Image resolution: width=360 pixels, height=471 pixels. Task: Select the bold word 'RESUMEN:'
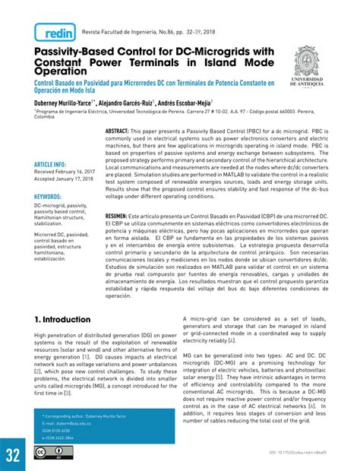[121, 217]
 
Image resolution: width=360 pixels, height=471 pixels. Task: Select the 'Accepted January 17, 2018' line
[69, 180]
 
